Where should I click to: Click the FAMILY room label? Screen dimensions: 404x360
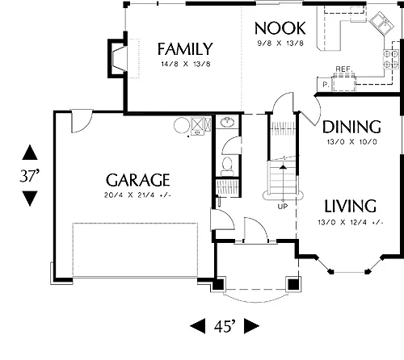(x=185, y=49)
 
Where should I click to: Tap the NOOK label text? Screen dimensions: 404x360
(x=280, y=28)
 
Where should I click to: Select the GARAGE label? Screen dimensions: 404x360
(x=138, y=180)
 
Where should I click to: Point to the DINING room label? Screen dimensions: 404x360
(x=351, y=127)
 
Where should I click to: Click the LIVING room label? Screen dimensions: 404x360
(x=350, y=206)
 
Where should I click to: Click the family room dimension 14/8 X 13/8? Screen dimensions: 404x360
(x=186, y=64)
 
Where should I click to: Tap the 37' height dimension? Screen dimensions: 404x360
(x=30, y=176)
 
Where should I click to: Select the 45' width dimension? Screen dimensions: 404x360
(x=225, y=326)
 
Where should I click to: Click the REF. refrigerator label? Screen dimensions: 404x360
(x=344, y=69)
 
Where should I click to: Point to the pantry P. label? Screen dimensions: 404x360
(x=326, y=85)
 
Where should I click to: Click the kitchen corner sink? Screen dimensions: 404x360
(x=381, y=23)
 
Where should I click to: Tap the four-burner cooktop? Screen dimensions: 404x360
(x=390, y=59)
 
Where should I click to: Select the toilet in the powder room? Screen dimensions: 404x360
(x=227, y=166)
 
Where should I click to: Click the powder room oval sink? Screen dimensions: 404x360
(x=227, y=122)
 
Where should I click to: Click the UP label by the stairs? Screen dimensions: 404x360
(x=283, y=207)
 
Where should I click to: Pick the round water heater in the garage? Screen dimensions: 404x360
(x=182, y=125)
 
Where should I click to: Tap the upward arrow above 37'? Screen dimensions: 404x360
(x=30, y=152)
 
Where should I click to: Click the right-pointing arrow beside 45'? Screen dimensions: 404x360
(x=251, y=326)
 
